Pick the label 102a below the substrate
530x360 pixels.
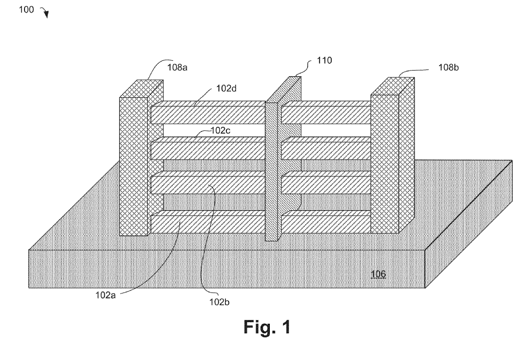tap(105, 295)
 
